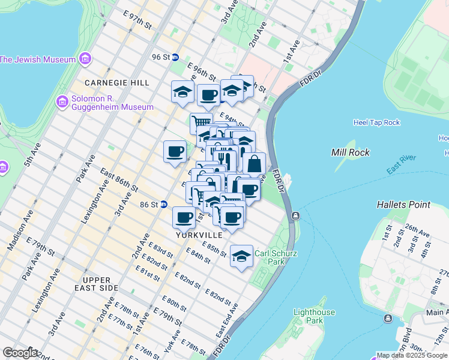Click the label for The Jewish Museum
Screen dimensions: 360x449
(x=38, y=59)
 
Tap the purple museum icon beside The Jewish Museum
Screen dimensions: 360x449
(x=85, y=59)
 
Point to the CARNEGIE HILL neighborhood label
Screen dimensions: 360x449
(x=112, y=82)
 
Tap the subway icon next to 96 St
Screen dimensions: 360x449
(x=175, y=57)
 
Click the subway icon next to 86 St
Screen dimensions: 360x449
(x=164, y=205)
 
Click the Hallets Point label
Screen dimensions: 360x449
(x=403, y=205)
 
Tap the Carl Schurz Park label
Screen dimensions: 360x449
(x=276, y=257)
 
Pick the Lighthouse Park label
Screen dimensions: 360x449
(x=314, y=316)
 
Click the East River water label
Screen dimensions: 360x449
(x=402, y=166)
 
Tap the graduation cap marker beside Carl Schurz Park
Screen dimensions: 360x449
(x=241, y=256)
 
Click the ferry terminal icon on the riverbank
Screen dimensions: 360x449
(x=295, y=216)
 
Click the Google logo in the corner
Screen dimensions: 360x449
(x=19, y=353)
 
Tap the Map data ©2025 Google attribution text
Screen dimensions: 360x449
(x=411, y=355)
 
